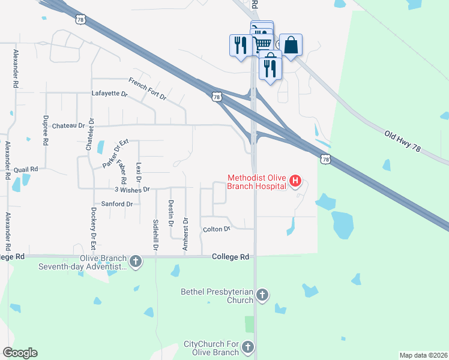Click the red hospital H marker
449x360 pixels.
tap(295, 181)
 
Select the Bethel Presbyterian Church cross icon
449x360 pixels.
tap(262, 295)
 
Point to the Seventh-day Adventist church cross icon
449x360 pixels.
tap(136, 262)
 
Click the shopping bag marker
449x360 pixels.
tap(291, 46)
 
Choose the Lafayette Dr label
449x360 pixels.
tap(110, 94)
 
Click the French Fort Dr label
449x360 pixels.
tap(147, 88)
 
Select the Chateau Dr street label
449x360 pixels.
tap(69, 126)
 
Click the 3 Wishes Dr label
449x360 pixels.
tap(131, 189)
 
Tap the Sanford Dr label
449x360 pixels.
tap(117, 204)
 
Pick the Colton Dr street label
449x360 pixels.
tap(217, 229)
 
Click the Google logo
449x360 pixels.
tap(20, 353)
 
